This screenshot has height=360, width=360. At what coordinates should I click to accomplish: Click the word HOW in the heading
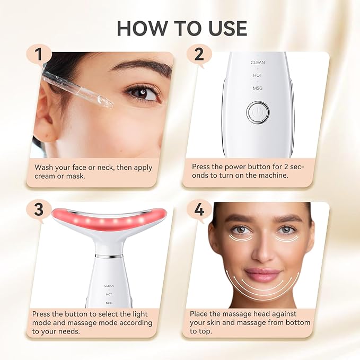pyautogui.click(x=138, y=28)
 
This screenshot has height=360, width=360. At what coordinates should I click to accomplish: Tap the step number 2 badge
pyautogui.click(x=199, y=55)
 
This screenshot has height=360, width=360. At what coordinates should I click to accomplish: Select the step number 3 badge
pyautogui.click(x=39, y=210)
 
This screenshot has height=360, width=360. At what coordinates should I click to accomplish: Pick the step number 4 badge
pyautogui.click(x=199, y=210)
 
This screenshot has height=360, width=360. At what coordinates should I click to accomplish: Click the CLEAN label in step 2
pyautogui.click(x=258, y=63)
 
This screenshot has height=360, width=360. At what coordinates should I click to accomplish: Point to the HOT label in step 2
pyautogui.click(x=258, y=75)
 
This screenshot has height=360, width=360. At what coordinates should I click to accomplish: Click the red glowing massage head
pyautogui.click(x=109, y=218)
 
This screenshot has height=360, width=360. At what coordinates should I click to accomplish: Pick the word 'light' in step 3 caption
pyautogui.click(x=143, y=314)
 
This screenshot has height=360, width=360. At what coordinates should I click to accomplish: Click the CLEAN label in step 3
pyautogui.click(x=109, y=286)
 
